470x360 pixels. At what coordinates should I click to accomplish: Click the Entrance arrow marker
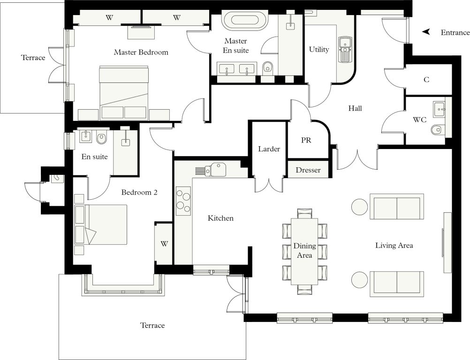click(x=426, y=32)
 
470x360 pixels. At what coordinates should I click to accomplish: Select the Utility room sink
click(x=346, y=49)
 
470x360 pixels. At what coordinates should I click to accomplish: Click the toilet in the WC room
click(x=437, y=130)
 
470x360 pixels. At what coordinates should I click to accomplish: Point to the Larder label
click(x=269, y=149)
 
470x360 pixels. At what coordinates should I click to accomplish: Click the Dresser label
click(x=308, y=170)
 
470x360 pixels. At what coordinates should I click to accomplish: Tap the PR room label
click(x=306, y=140)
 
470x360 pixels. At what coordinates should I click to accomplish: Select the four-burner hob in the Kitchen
click(x=183, y=201)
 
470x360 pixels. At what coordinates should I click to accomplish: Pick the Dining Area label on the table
click(x=304, y=250)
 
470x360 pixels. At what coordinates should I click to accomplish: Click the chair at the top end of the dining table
click(x=304, y=214)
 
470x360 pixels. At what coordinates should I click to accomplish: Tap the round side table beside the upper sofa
click(x=359, y=207)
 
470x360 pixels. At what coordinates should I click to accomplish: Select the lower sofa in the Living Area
click(x=397, y=284)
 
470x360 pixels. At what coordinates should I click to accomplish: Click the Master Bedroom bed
click(x=124, y=92)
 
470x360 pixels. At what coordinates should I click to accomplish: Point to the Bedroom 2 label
click(x=139, y=192)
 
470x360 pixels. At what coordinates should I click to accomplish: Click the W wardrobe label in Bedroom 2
click(x=164, y=244)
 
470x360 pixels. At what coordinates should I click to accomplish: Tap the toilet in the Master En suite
click(x=267, y=67)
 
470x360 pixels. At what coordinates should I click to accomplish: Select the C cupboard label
click(x=426, y=79)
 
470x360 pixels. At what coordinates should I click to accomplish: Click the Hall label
click(x=355, y=108)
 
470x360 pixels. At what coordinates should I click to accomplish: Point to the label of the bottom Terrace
click(x=152, y=325)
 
